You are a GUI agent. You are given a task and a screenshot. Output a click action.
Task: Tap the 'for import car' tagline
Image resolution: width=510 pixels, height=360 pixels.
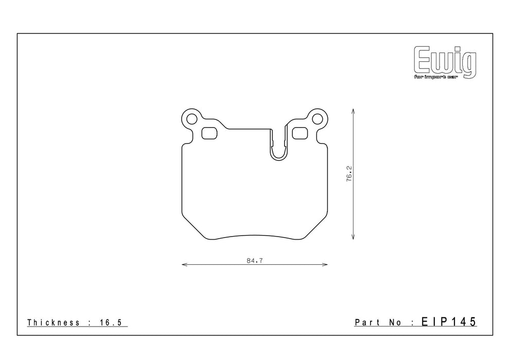[x=435, y=77]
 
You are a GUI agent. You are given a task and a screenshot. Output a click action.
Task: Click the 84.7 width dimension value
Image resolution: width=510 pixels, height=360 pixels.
[x=254, y=261]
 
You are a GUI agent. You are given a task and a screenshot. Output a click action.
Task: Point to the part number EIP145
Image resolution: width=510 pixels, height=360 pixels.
[x=449, y=321]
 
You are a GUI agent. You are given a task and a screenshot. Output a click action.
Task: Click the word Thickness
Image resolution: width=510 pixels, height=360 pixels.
[x=54, y=322]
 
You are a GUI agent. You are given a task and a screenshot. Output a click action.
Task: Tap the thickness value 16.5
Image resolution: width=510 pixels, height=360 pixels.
[x=110, y=322]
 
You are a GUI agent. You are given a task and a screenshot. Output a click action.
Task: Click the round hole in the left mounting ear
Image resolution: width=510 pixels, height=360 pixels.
[x=192, y=119]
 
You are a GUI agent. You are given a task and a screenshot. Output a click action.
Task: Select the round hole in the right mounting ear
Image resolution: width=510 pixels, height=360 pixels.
[x=317, y=119]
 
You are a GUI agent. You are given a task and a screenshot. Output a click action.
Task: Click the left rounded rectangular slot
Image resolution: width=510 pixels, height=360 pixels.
[x=209, y=133]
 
